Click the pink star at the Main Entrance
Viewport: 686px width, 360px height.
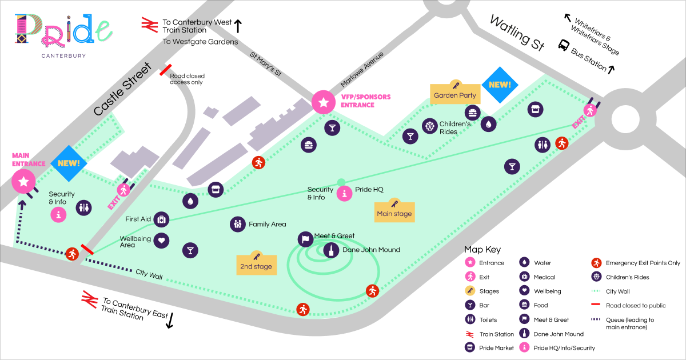click(23, 182)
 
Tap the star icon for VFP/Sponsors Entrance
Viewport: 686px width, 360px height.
click(324, 102)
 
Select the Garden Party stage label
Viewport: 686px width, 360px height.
click(455, 94)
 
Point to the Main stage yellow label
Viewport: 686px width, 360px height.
click(394, 213)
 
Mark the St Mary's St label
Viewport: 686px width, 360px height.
click(266, 64)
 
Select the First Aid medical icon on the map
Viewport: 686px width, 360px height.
click(161, 219)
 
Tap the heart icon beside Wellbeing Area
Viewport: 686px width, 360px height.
click(161, 241)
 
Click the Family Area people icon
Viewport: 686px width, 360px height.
click(237, 225)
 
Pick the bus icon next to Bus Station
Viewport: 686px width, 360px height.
click(564, 45)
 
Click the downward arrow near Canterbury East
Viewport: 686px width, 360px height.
click(170, 321)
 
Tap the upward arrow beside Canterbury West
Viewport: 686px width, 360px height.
click(238, 26)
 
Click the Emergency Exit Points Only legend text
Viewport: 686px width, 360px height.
click(643, 263)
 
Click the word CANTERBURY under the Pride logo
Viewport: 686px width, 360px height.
click(63, 55)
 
